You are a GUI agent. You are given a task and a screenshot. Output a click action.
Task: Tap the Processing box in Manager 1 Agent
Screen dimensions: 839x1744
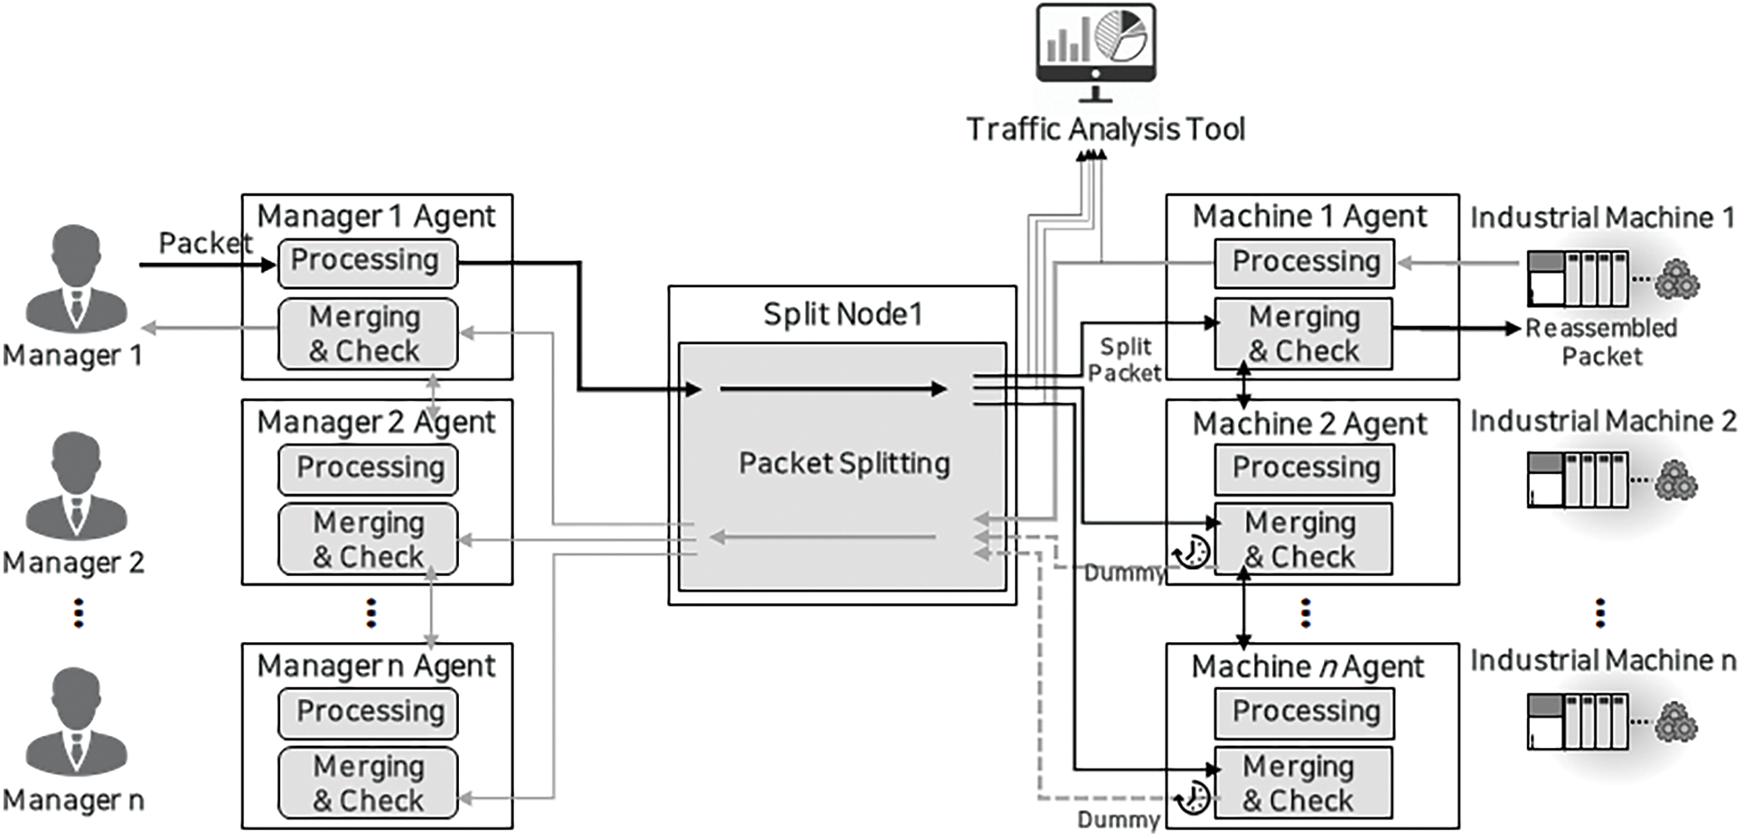[x=367, y=262]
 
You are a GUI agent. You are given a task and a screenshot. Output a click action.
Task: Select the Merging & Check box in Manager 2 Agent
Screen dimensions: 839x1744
[x=368, y=539]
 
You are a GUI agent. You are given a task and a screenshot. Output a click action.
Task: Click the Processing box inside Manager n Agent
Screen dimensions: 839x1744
[x=368, y=713]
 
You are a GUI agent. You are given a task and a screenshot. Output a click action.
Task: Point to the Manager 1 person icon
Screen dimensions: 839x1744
[x=76, y=279]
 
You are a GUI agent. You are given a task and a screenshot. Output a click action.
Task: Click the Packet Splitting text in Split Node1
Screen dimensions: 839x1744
[x=844, y=463]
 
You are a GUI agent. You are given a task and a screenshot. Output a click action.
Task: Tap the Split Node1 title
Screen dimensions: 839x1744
[x=842, y=314]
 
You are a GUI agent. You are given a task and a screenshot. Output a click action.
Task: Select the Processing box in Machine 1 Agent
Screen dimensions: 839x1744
[x=1304, y=263]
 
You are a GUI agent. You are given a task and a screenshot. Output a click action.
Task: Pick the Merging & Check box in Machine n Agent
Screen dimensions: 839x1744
[x=1301, y=782]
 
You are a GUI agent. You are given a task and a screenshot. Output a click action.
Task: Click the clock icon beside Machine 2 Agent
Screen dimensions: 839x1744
[x=1192, y=550]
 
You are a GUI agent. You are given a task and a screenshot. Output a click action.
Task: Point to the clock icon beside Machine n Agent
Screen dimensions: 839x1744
[x=1193, y=797]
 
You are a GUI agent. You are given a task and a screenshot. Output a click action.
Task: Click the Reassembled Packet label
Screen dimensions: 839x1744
[x=1601, y=342]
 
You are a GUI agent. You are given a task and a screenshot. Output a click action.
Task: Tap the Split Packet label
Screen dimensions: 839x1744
[x=1124, y=359]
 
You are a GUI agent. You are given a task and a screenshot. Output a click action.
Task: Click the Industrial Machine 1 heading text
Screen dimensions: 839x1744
[x=1601, y=218]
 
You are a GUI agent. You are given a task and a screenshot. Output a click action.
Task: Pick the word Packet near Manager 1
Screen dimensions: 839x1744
[x=205, y=243]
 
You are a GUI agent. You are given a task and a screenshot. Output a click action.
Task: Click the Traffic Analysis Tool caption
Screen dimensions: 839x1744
[x=1105, y=129]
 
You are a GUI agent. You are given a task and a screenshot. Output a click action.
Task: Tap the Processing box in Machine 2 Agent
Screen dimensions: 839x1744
[x=1304, y=468]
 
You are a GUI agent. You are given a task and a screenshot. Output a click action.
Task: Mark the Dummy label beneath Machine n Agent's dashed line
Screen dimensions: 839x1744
[x=1118, y=820]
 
